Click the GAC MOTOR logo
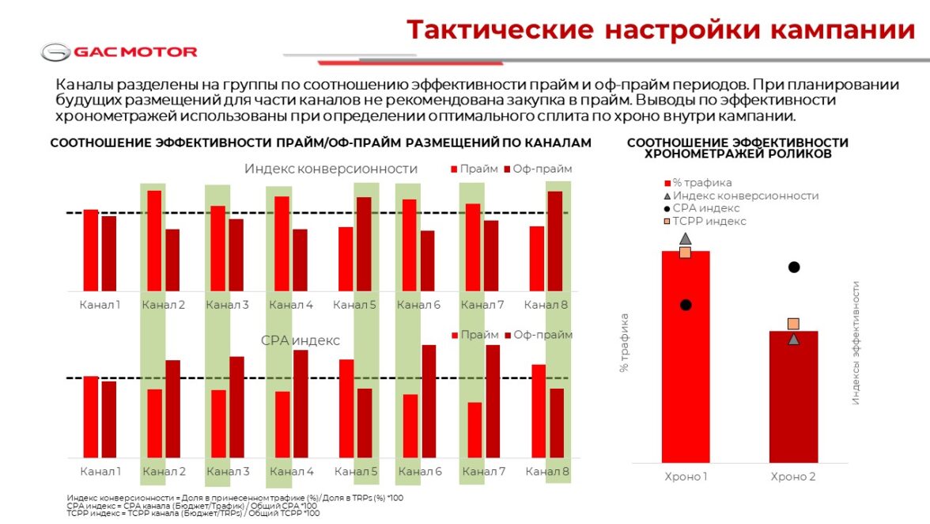point(119,52)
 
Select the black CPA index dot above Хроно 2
point(794,267)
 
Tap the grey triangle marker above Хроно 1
point(685,238)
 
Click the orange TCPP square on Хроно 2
point(793,324)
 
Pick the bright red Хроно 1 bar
point(685,356)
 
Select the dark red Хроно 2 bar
point(793,396)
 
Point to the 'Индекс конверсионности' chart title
point(331,169)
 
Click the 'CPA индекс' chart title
point(300,340)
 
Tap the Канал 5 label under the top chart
point(354,305)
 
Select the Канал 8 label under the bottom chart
point(547,473)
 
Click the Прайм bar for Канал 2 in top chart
point(154,241)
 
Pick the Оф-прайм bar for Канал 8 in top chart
point(554,241)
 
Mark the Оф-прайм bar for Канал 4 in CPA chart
point(300,403)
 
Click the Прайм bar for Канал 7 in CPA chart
point(474,430)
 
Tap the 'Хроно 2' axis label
point(793,477)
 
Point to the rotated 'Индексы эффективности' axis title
point(856,344)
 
